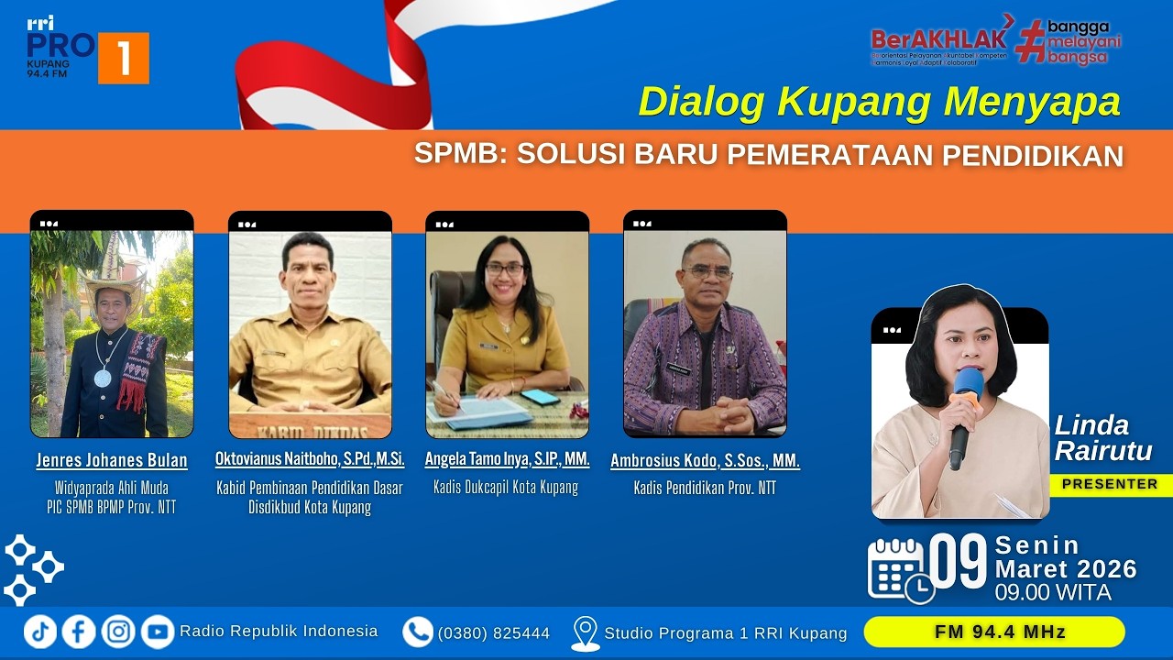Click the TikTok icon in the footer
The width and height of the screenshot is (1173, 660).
(40, 632)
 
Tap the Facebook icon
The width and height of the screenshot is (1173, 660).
(79, 632)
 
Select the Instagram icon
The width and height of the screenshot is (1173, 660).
(118, 632)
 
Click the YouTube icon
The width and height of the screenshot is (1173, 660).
(158, 632)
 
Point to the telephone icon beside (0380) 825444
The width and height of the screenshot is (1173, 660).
(418, 632)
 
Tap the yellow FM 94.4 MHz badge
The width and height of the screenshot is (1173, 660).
(994, 632)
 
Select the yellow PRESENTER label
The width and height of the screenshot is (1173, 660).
(1110, 484)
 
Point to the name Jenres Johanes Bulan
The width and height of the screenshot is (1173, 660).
(112, 460)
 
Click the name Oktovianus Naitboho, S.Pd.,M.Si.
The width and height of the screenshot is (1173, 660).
(310, 458)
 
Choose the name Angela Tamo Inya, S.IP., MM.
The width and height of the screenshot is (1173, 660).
(507, 458)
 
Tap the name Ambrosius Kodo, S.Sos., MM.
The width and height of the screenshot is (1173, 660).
(705, 461)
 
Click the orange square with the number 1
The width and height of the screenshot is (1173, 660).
(123, 59)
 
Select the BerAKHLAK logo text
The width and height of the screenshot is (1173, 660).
(941, 39)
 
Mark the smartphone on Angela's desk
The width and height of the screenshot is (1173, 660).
(540, 397)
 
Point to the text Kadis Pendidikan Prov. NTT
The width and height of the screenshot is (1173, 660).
(705, 489)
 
